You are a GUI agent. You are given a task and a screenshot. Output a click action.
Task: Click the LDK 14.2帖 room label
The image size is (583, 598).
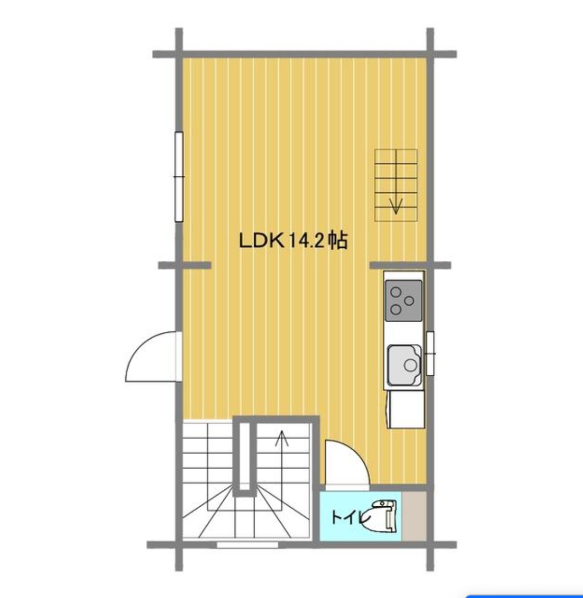point(293,240)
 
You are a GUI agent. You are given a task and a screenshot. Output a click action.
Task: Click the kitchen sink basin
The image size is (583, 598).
point(405,365)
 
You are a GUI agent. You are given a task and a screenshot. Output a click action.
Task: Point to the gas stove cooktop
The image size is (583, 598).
point(404,300)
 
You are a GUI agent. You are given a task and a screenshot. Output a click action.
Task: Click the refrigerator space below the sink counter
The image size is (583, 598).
point(406,409)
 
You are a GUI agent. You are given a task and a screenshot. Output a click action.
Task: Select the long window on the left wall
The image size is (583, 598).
point(179,176)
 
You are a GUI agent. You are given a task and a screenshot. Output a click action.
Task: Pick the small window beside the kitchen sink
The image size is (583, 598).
point(430,353)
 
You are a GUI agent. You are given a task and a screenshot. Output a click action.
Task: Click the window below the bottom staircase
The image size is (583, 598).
point(248,545)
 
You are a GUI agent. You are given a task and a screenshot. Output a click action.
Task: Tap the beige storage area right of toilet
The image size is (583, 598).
point(414,516)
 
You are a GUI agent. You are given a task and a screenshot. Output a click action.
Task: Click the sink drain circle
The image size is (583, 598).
point(410,366)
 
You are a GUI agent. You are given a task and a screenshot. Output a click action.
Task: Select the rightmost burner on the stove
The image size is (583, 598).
point(409,301)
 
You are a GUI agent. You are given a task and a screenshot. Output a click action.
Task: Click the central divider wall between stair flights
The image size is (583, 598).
point(245,456)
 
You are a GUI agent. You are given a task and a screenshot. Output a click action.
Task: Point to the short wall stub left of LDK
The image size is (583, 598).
point(185,266)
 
